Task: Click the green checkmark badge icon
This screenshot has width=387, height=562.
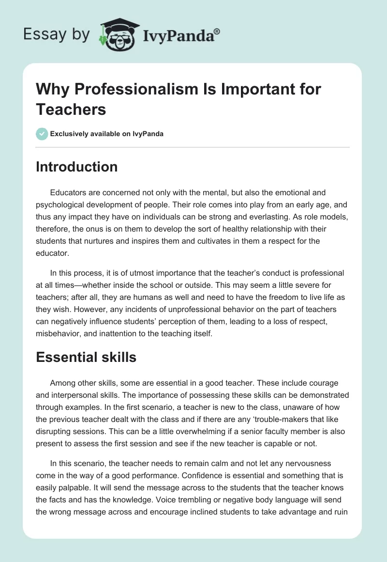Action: [x=42, y=134]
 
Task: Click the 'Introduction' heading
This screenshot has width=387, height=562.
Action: [x=76, y=167]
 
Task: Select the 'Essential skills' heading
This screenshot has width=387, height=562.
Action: [x=86, y=357]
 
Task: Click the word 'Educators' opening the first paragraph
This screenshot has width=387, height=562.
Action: [x=69, y=193]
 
